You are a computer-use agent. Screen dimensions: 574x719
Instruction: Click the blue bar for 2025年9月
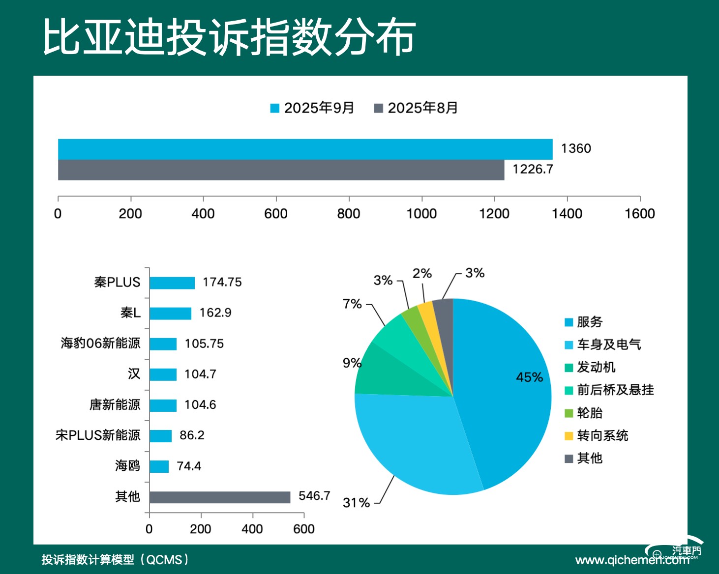[305, 149]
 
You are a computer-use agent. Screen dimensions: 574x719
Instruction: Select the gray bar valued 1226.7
[281, 170]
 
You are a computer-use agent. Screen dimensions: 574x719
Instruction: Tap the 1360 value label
[575, 148]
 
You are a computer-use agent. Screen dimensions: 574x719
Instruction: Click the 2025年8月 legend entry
[416, 108]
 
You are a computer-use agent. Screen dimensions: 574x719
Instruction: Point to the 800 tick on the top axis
[349, 214]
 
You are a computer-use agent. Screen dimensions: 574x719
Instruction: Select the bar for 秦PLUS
[172, 283]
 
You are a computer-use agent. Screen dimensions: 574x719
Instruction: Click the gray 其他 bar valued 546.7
[219, 497]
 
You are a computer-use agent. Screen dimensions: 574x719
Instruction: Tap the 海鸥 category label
[127, 466]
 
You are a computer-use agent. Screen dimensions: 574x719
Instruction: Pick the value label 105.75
[204, 344]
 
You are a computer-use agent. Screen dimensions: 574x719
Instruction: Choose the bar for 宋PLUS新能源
[160, 436]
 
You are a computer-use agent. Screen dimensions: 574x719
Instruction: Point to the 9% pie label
[352, 363]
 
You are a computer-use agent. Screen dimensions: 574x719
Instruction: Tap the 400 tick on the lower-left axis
[252, 529]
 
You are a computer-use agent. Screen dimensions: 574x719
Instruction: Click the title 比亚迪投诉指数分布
[229, 37]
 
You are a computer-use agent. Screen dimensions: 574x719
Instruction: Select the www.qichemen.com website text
[632, 560]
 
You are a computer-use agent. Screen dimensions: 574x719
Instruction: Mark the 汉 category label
[134, 374]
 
